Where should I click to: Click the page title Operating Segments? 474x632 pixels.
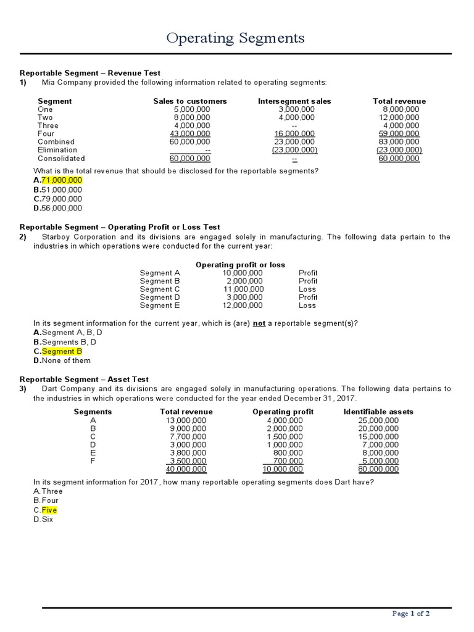point(236,38)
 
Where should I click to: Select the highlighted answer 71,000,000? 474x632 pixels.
point(61,180)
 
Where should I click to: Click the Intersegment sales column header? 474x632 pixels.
point(294,101)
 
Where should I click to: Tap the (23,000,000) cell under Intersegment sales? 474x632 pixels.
point(294,149)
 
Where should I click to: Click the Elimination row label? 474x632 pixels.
point(57,149)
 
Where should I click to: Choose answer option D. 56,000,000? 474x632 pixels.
point(57,208)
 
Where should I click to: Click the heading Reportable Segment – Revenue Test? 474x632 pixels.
point(90,73)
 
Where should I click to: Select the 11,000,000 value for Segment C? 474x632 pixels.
point(243,289)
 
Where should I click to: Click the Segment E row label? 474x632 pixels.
point(160,305)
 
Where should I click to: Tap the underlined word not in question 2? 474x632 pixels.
point(259,323)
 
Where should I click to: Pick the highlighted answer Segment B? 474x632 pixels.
point(62,351)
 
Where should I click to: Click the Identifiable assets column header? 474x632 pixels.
point(378,412)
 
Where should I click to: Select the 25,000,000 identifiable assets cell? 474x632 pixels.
point(378,420)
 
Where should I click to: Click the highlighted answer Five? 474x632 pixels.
point(49,510)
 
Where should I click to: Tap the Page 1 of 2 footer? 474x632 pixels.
point(411,613)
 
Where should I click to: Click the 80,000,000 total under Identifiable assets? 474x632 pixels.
point(378,469)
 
